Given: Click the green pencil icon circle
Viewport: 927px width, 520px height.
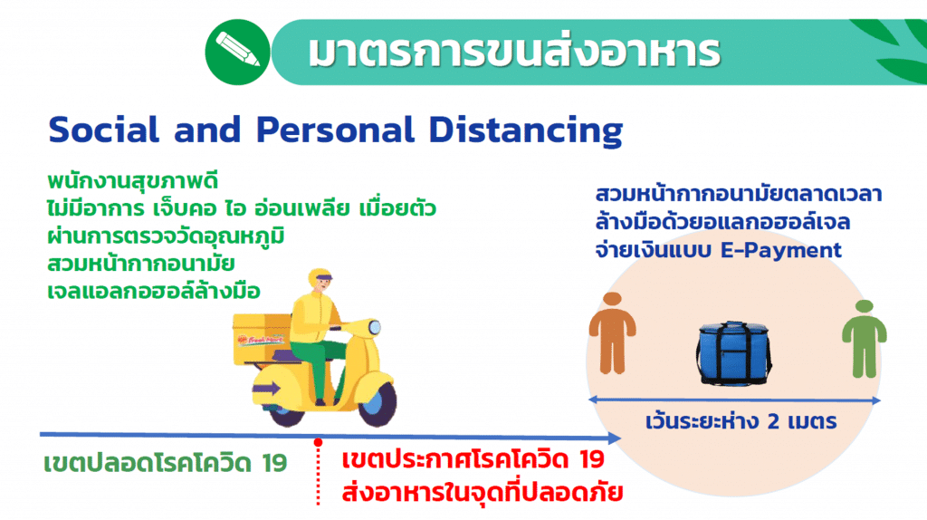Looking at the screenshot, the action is click(238, 52).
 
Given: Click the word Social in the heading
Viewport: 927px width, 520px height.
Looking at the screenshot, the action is click(104, 130).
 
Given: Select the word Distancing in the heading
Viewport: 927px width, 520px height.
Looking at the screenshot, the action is click(526, 130).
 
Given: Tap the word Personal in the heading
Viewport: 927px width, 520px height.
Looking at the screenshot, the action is click(335, 130).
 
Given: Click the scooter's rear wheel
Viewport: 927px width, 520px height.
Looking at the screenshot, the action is click(287, 411).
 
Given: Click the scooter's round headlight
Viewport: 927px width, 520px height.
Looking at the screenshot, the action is click(374, 326).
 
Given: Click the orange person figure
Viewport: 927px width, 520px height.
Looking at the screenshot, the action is click(613, 332).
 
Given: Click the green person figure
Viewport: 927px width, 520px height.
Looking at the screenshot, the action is click(865, 339).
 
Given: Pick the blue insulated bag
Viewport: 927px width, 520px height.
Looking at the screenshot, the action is click(733, 353).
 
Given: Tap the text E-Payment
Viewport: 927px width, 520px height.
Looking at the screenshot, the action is click(781, 250).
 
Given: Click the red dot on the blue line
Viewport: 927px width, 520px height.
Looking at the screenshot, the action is click(318, 442).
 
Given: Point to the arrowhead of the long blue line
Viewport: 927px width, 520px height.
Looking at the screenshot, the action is click(615, 438).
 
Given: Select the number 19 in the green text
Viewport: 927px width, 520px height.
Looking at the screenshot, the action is click(275, 463).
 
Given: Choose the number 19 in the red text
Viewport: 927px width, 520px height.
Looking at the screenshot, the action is click(592, 459).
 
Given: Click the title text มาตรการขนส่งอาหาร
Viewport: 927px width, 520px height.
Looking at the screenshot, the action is click(514, 52).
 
